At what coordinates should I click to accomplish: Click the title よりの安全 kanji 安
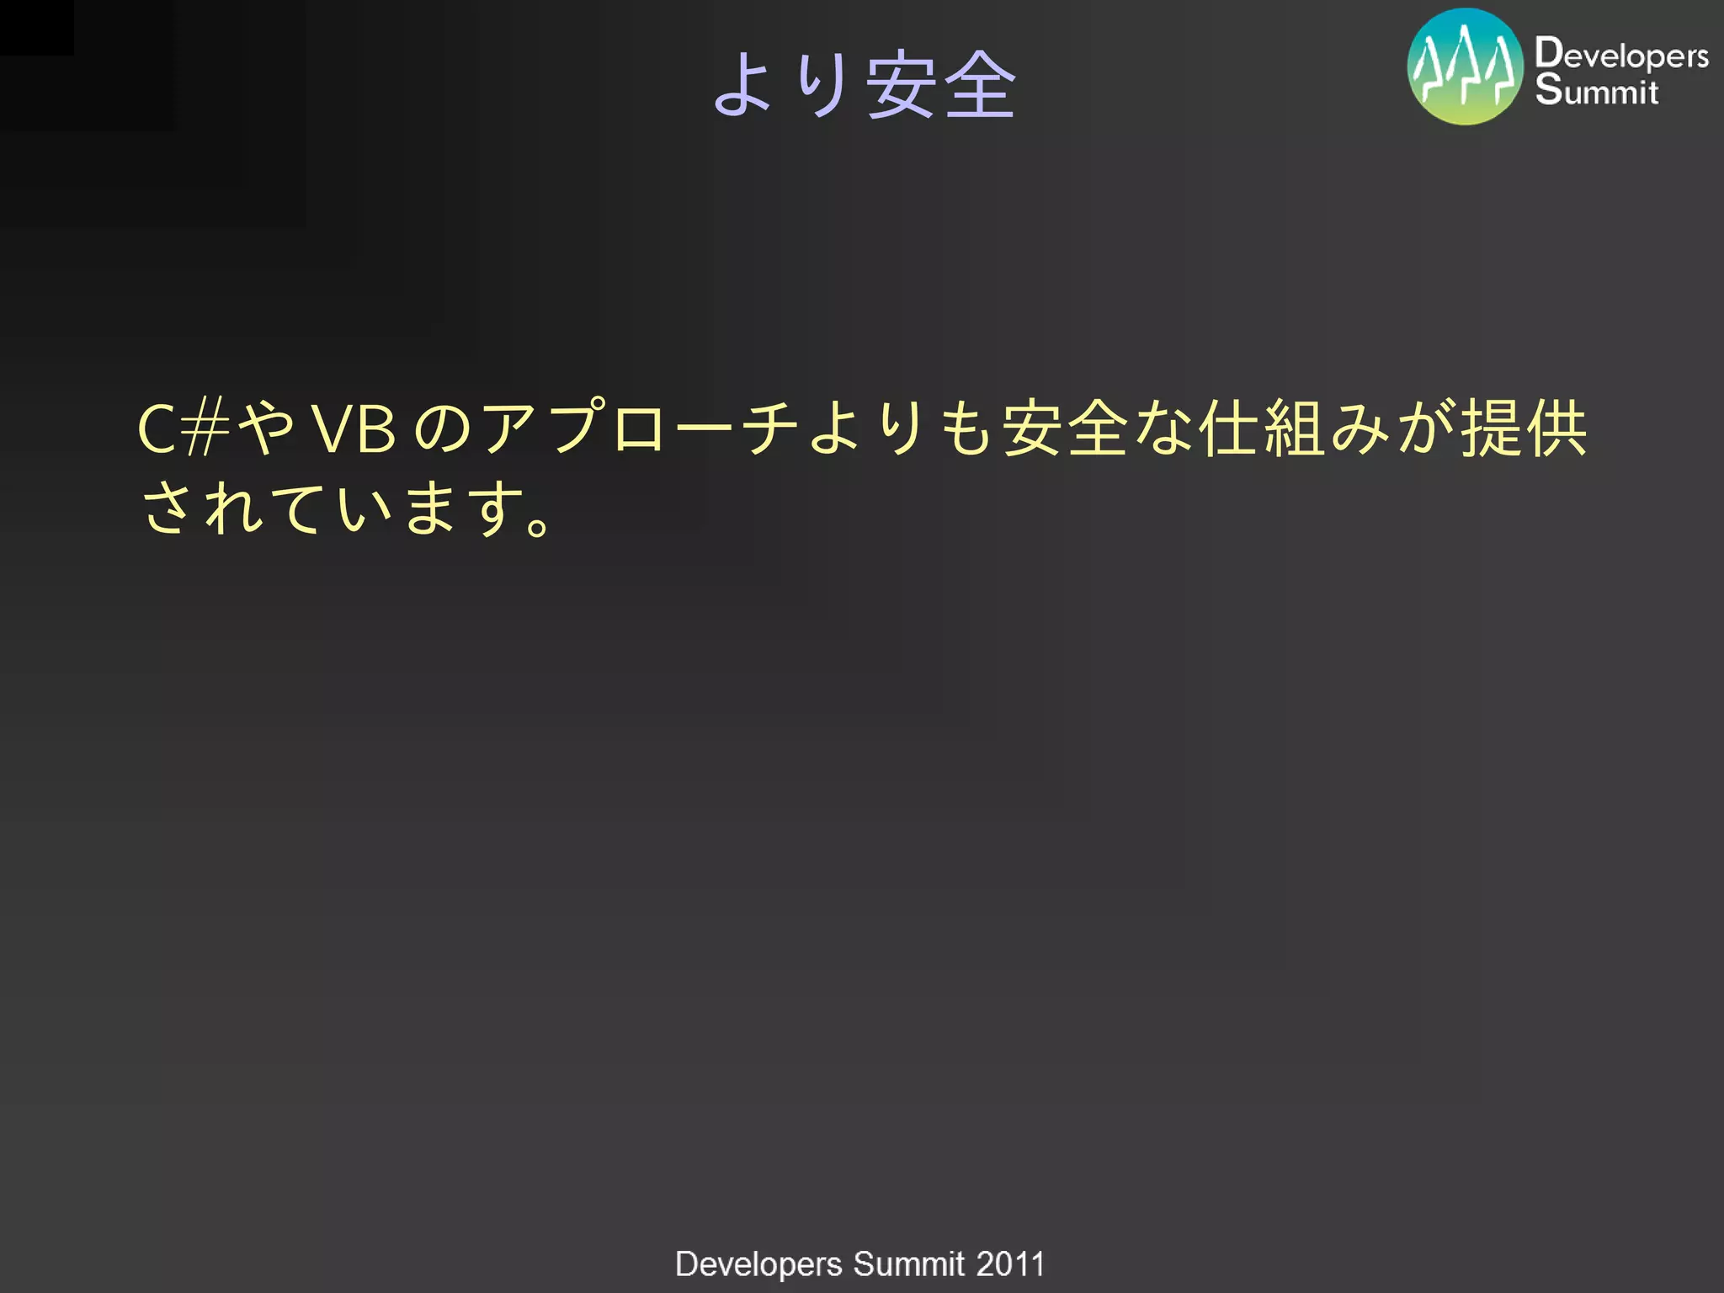point(902,85)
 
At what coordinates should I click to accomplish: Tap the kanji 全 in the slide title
point(979,85)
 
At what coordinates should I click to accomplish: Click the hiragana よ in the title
point(743,85)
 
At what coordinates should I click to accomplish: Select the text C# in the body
point(184,429)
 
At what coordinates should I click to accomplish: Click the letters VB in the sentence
point(354,429)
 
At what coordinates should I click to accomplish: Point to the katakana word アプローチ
point(640,429)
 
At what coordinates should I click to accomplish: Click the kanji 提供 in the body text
point(1523,429)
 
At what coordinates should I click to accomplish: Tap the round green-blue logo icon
point(1465,67)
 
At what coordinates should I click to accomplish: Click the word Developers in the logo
point(1620,54)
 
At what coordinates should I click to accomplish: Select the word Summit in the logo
point(1596,90)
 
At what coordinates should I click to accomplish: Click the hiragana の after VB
point(443,429)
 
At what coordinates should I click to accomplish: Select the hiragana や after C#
point(266,429)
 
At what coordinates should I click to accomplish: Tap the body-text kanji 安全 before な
point(1065,429)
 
